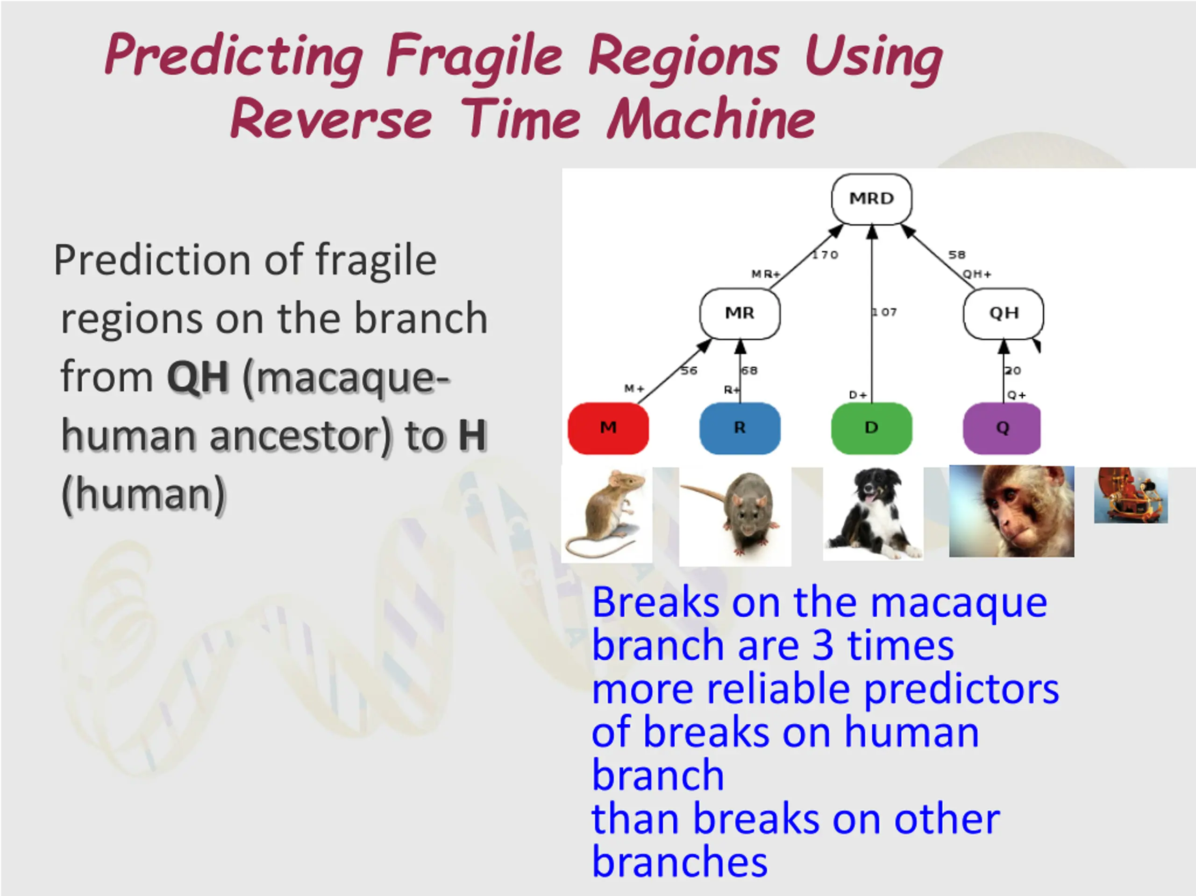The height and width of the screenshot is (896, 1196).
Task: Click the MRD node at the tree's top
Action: pyautogui.click(x=871, y=199)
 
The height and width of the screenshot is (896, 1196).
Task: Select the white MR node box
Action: pyautogui.click(x=740, y=313)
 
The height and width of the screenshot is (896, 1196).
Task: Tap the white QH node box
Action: pyautogui.click(x=1004, y=313)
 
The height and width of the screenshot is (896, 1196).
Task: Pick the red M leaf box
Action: pyautogui.click(x=608, y=428)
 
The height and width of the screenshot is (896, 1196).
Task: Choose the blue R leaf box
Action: pyautogui.click(x=740, y=428)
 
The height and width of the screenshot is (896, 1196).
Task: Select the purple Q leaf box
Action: pyautogui.click(x=1002, y=428)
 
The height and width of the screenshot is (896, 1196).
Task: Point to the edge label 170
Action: pyautogui.click(x=825, y=254)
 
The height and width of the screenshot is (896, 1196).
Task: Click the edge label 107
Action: pyautogui.click(x=884, y=312)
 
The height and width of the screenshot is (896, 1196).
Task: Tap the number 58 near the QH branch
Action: pyautogui.click(x=956, y=254)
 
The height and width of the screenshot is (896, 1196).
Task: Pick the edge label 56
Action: pyautogui.click(x=689, y=370)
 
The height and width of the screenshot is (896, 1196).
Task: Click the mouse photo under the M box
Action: pyautogui.click(x=607, y=515)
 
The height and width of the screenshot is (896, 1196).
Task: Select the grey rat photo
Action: pyautogui.click(x=735, y=516)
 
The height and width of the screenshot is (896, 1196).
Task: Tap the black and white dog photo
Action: pyautogui.click(x=873, y=514)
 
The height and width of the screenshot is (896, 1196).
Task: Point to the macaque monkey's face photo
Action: pyautogui.click(x=1011, y=511)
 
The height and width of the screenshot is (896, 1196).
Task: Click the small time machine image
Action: pyautogui.click(x=1131, y=495)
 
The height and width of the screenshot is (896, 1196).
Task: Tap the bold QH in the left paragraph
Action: pyautogui.click(x=198, y=377)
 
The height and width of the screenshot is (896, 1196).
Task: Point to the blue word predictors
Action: pyautogui.click(x=961, y=691)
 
